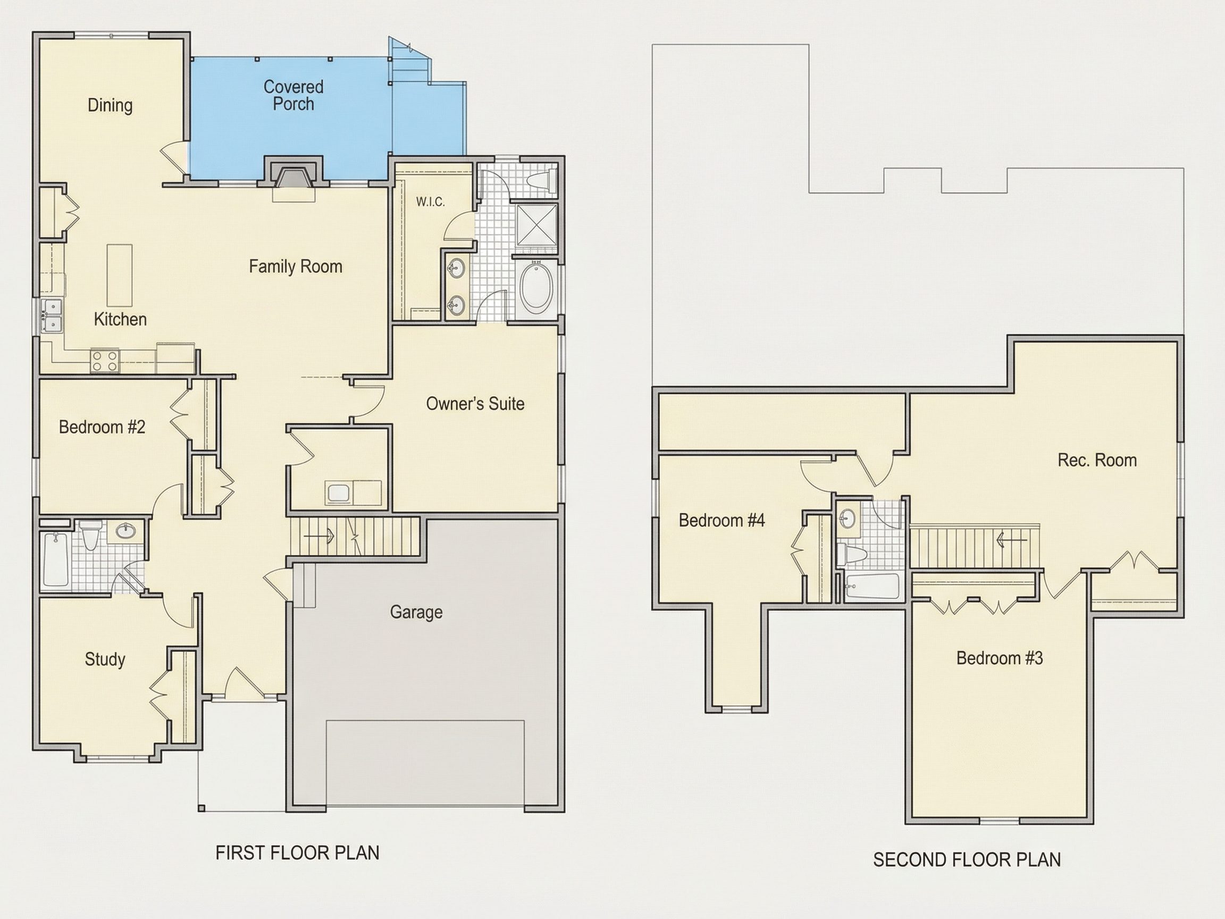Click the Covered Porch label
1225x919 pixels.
tap(293, 95)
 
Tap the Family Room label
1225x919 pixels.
tap(295, 266)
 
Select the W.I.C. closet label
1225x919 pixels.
tap(430, 202)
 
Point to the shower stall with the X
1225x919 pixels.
tap(536, 224)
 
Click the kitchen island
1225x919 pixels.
tap(120, 275)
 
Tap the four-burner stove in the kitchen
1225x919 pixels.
tap(105, 361)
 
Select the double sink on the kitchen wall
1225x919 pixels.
tap(53, 316)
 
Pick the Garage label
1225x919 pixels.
tap(416, 612)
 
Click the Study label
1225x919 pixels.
tap(105, 659)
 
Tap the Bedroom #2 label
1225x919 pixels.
tap(102, 427)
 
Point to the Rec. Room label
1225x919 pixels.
tap(1097, 460)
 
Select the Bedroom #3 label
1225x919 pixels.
tap(1000, 657)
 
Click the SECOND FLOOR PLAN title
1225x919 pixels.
tap(967, 860)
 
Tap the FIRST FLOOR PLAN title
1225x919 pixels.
tap(297, 853)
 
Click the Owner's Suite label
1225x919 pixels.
tap(475, 403)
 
